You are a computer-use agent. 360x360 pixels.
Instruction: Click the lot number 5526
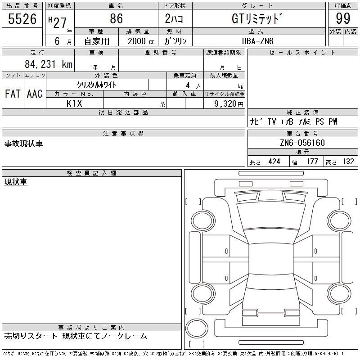point(22,19)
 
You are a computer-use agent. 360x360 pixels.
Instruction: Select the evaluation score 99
point(343,18)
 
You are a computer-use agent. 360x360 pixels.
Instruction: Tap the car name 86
point(117,18)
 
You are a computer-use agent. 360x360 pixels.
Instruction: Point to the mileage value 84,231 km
point(49,64)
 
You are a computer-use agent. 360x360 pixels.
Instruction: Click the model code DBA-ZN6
point(258,41)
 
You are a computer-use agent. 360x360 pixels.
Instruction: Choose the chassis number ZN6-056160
point(302,143)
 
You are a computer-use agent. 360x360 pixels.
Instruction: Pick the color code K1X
point(74,103)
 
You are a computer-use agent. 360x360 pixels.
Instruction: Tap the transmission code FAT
point(13,94)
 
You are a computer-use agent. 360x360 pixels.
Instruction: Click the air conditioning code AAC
point(35,94)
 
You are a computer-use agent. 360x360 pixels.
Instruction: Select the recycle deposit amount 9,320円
point(229,104)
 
